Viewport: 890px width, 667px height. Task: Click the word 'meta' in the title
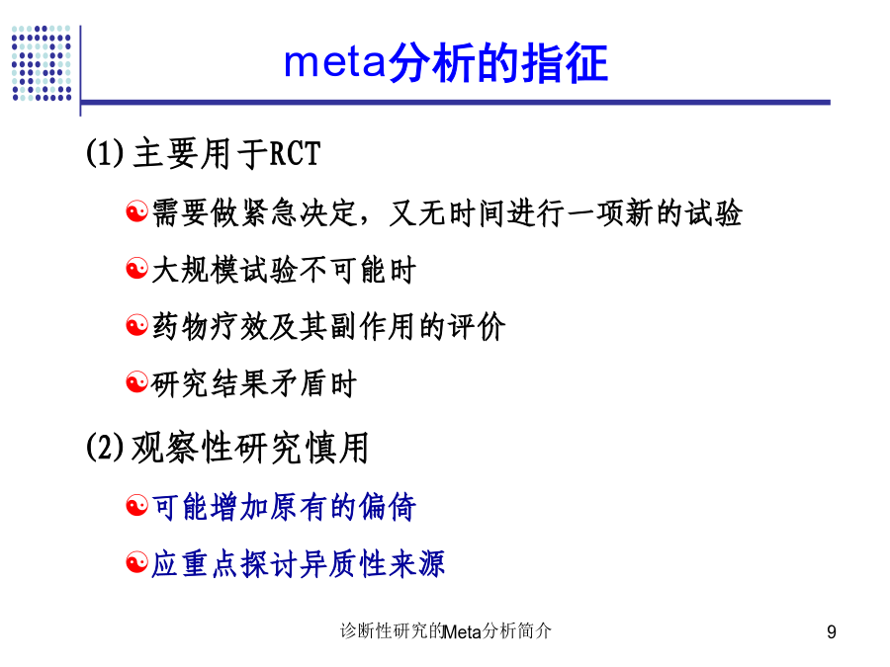pos(335,62)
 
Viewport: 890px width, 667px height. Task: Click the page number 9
pos(832,631)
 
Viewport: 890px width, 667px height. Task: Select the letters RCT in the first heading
pos(295,154)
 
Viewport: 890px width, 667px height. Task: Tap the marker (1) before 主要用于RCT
pos(105,153)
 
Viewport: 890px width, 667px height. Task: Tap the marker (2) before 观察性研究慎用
pos(105,447)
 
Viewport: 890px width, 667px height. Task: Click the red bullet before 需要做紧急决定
pos(136,211)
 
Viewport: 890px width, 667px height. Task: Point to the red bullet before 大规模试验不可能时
pos(136,268)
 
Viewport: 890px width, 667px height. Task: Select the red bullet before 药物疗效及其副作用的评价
pos(136,325)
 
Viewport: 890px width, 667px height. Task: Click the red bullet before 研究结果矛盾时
pos(136,382)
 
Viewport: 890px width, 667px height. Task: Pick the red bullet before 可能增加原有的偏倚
pos(136,505)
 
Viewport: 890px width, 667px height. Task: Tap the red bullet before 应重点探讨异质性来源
pos(136,562)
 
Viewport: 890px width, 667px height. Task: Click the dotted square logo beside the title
pos(42,63)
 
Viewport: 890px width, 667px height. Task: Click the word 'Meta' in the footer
pos(462,631)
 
